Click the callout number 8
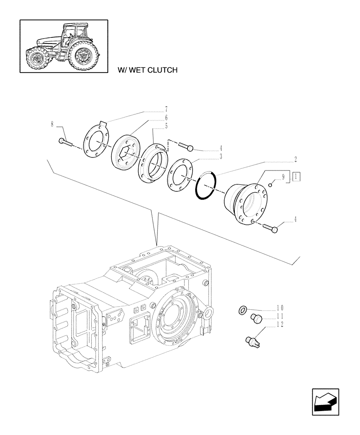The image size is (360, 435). point(52,125)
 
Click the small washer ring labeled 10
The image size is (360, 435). point(243,310)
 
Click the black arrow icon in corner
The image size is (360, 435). point(326,402)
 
